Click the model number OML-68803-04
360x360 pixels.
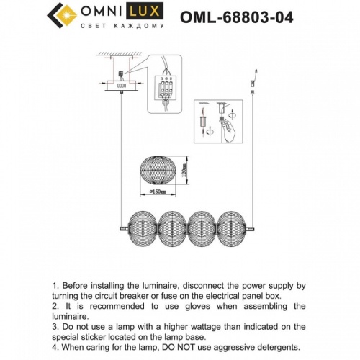pos(246,16)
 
